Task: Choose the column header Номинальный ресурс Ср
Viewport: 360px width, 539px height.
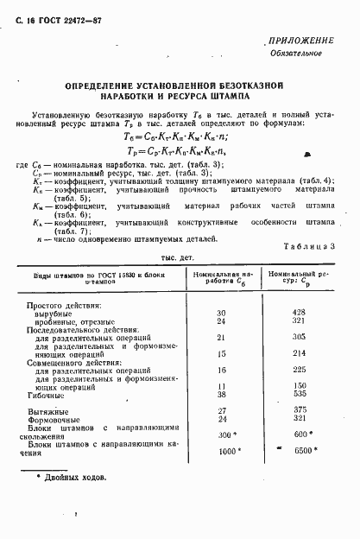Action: [x=299, y=277]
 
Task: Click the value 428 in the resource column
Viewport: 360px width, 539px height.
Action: [x=300, y=313]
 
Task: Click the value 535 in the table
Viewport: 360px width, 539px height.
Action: [x=300, y=393]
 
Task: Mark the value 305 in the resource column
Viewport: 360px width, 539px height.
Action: [x=300, y=337]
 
